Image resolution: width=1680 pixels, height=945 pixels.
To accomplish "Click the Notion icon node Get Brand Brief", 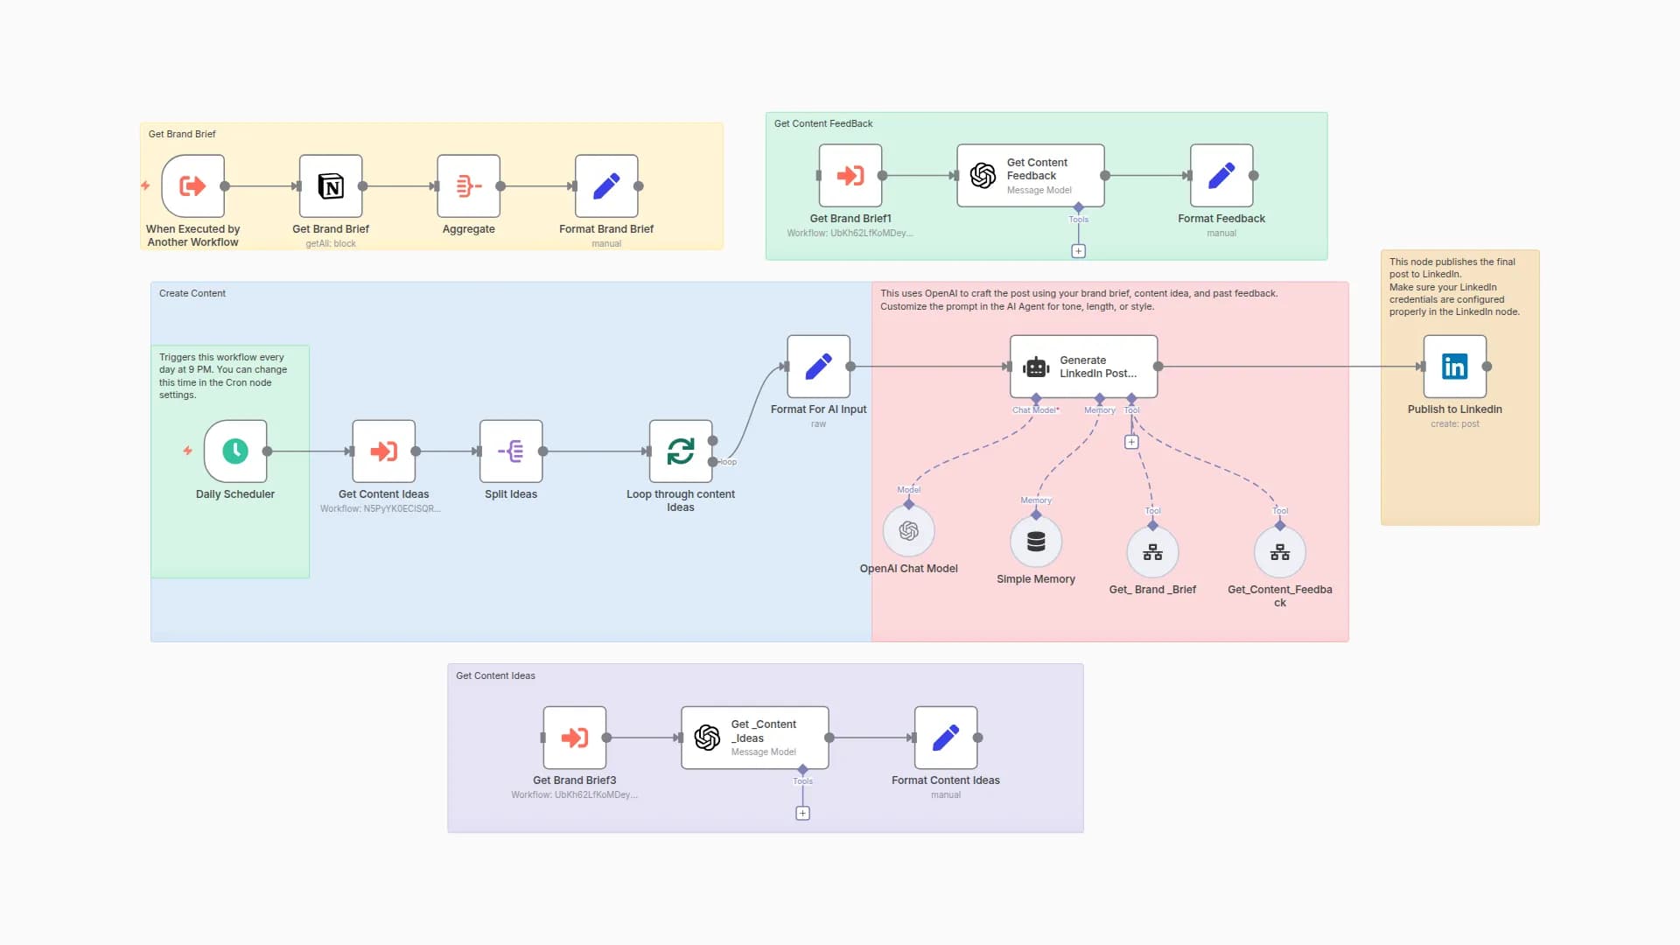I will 331,186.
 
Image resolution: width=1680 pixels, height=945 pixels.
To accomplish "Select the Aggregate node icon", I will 469,186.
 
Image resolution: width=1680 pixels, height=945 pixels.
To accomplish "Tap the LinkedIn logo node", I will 1454,367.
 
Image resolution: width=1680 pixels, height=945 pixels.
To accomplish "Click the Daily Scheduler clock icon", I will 235,451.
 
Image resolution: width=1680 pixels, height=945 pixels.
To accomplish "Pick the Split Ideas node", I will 511,451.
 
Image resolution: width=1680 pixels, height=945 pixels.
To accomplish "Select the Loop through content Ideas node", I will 681,451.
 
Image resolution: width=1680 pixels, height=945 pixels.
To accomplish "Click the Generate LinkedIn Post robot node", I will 1083,367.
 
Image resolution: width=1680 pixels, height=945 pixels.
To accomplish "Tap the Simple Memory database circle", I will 1036,542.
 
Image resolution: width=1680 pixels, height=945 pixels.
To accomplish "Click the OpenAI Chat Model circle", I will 909,531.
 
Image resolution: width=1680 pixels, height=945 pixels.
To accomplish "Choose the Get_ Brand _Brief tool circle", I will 1152,552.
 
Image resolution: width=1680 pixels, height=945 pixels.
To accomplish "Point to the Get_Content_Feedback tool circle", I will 1279,552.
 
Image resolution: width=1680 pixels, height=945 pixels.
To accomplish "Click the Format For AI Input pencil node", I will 818,367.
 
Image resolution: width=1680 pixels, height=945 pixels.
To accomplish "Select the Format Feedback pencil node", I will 1221,176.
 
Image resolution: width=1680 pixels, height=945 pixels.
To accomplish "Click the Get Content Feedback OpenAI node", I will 1030,176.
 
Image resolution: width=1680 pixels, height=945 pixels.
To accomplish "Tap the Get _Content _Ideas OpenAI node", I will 754,738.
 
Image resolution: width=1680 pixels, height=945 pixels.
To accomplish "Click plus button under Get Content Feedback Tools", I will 1078,251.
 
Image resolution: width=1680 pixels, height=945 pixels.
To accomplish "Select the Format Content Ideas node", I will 946,738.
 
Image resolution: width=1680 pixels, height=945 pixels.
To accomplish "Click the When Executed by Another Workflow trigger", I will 193,186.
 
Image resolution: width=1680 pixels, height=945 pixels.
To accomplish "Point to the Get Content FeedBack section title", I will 822,123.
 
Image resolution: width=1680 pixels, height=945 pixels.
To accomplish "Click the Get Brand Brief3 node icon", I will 575,738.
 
